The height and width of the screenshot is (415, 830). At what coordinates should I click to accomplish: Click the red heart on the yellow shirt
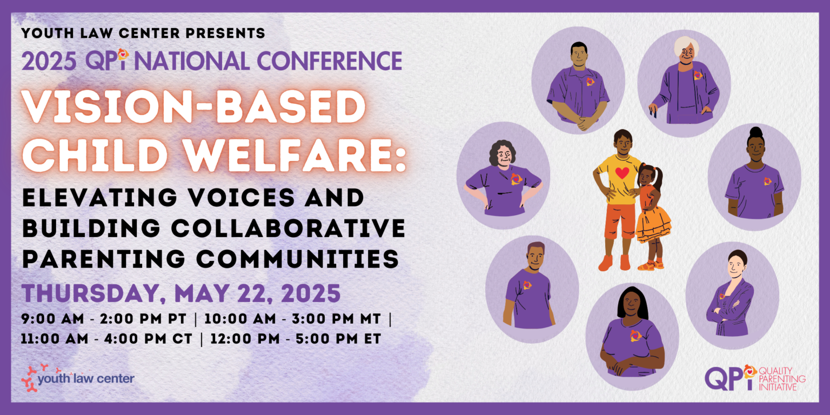tap(622, 173)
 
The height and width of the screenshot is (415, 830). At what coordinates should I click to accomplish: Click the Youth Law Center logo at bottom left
tap(78, 377)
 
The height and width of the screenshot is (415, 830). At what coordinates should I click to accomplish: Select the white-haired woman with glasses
tap(684, 81)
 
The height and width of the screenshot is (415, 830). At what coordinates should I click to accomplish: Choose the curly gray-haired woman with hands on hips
tap(503, 176)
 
